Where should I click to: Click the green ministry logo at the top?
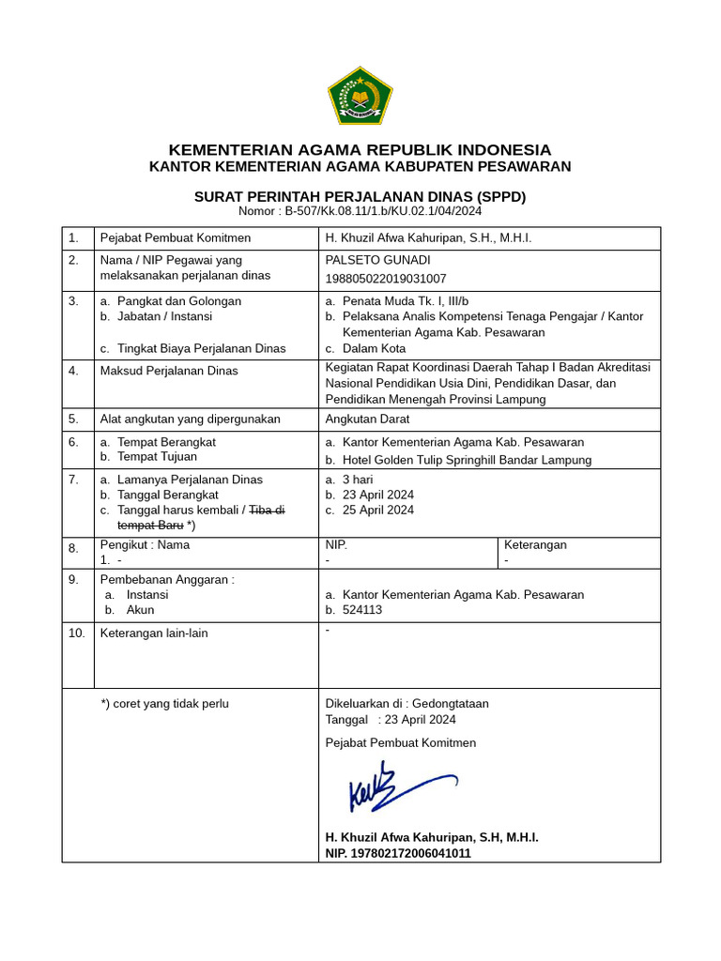[x=360, y=96]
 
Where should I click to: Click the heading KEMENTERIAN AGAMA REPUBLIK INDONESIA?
[x=360, y=150]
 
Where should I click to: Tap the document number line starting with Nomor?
[x=360, y=211]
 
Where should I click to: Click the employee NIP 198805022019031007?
[x=385, y=279]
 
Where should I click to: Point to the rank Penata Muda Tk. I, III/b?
[x=405, y=301]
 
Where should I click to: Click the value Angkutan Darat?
[x=369, y=419]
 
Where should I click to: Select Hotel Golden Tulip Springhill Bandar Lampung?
[x=467, y=460]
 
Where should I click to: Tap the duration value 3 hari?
[x=358, y=480]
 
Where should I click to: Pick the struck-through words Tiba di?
[x=267, y=510]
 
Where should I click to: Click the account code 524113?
[x=362, y=610]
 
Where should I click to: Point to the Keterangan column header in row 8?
[x=535, y=544]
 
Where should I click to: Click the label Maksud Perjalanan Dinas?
[x=169, y=371]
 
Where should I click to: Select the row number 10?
[x=76, y=633]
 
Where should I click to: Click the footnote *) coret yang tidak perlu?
[x=164, y=704]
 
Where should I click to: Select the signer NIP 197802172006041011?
[x=398, y=853]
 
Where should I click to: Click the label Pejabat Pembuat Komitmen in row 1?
[x=176, y=238]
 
